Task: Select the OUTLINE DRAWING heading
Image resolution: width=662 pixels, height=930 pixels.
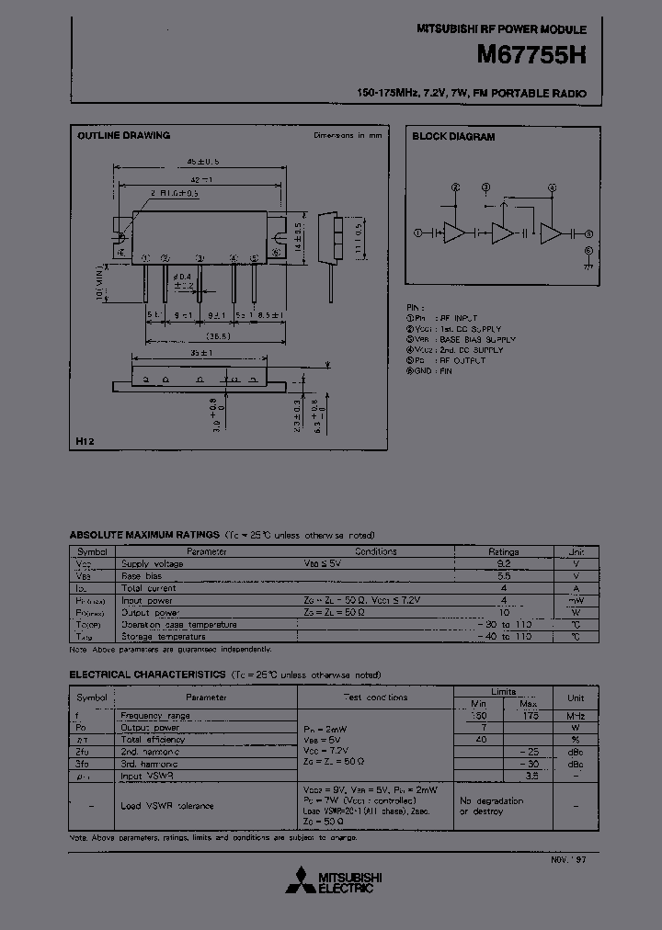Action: [x=123, y=136]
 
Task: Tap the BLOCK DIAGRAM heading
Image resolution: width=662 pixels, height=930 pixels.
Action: [x=453, y=136]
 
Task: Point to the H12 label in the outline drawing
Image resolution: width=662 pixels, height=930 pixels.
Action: [x=85, y=442]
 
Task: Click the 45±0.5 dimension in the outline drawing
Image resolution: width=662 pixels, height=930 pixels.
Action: [x=190, y=161]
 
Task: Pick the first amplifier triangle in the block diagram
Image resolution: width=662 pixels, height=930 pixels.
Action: [x=453, y=233]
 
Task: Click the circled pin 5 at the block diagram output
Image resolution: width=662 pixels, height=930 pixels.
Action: [x=588, y=234]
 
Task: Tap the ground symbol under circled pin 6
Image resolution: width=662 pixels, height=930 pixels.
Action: [x=588, y=265]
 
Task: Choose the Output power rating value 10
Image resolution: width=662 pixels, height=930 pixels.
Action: [x=503, y=612]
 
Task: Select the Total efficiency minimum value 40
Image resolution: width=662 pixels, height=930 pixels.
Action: [x=479, y=739]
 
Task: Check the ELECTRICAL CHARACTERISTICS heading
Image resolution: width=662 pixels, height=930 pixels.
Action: [x=147, y=674]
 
